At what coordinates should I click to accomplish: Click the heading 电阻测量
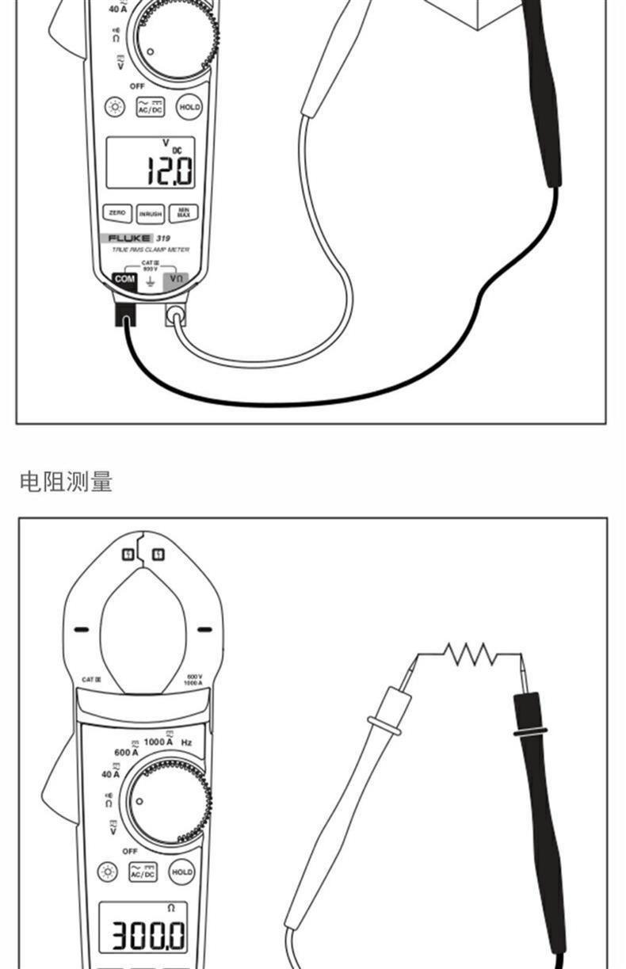67,481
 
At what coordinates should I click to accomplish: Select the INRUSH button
150,214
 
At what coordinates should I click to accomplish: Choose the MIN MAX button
184,212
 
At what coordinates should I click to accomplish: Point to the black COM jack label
124,279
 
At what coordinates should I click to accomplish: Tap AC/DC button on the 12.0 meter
151,107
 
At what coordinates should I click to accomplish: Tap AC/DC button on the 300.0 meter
143,872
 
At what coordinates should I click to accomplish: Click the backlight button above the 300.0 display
108,872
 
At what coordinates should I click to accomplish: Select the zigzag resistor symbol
470,654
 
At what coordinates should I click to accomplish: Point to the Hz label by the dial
186,742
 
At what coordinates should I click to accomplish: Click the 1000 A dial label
158,742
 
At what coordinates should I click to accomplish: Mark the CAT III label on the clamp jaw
91,679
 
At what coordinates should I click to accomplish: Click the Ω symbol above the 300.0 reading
170,907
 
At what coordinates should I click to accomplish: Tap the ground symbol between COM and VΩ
150,280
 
